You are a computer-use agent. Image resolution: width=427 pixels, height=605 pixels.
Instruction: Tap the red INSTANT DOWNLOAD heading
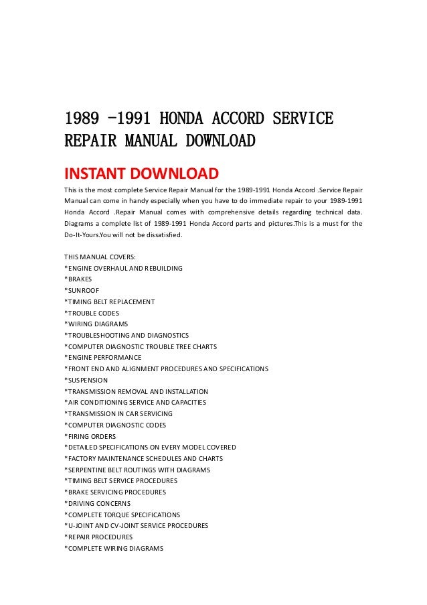(x=141, y=174)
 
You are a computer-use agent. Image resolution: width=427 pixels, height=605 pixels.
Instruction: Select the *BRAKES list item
(x=80, y=279)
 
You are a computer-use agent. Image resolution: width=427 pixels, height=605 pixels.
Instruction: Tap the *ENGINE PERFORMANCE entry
(x=102, y=358)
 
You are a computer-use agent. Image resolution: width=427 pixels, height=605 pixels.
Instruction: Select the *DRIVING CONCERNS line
(x=97, y=503)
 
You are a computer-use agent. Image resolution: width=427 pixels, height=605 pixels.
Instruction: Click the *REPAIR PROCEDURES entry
(x=98, y=537)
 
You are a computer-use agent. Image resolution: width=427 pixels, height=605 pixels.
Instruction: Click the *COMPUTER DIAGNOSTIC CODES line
(x=115, y=425)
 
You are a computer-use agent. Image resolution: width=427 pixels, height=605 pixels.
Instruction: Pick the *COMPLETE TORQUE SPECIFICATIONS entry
(x=122, y=515)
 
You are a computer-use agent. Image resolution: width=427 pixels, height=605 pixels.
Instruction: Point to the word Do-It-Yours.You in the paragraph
(x=89, y=235)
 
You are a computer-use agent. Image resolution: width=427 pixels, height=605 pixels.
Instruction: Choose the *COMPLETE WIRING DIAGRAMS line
(x=114, y=548)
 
